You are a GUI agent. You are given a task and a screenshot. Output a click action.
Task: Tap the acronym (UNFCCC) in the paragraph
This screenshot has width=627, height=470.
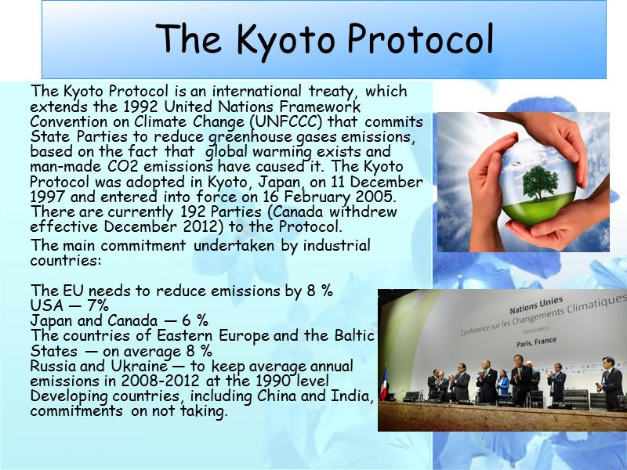(285, 121)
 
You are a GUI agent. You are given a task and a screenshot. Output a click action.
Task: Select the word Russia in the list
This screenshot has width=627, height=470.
(53, 367)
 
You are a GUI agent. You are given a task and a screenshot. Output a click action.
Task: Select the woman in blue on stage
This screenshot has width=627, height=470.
(502, 384)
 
